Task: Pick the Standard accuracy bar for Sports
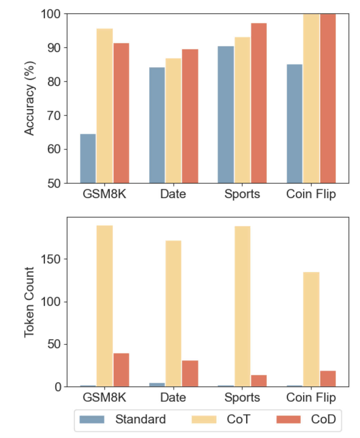[x=226, y=114]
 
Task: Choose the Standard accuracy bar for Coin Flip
[x=294, y=123]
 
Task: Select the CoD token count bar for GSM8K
[x=121, y=370]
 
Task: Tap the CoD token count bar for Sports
[x=259, y=381]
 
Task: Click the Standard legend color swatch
[x=92, y=419]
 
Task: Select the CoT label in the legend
[x=238, y=419]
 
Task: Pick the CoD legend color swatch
[x=288, y=419]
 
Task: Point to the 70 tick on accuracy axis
[x=54, y=115]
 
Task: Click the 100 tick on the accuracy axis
[x=51, y=14]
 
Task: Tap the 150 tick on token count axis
[x=51, y=259]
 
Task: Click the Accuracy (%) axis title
[x=30, y=98]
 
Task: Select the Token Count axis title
[x=30, y=302]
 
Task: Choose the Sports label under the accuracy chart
[x=242, y=194]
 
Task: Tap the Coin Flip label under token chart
[x=311, y=397]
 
